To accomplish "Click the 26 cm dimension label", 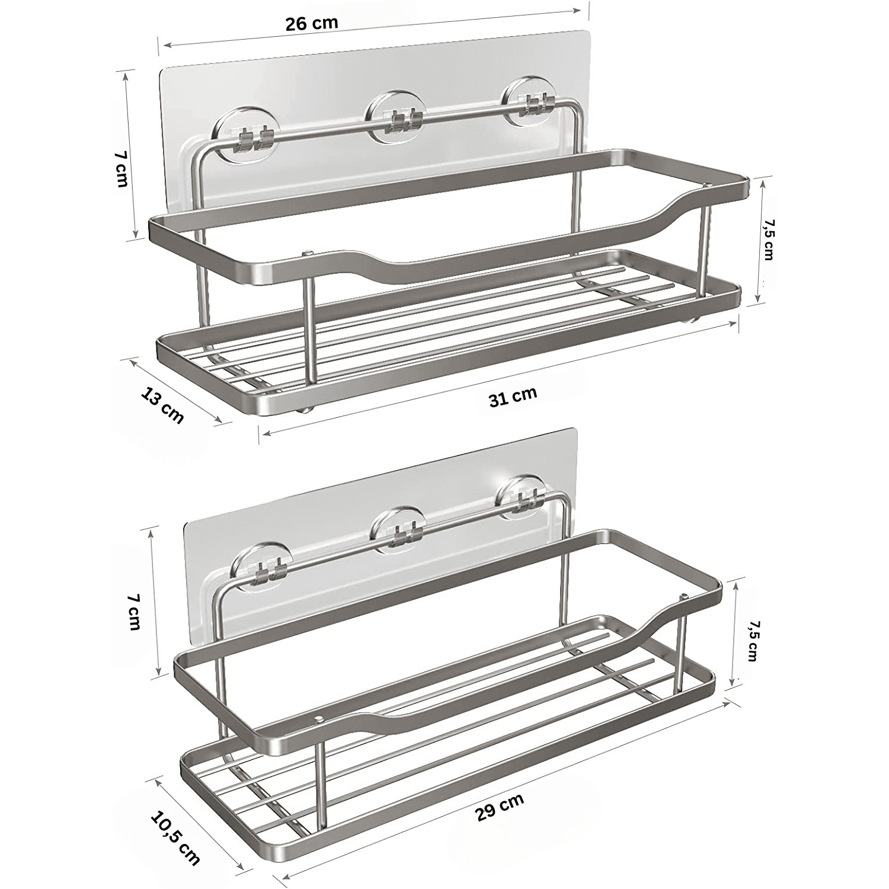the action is click(x=312, y=24).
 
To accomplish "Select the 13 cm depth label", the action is click(x=162, y=404).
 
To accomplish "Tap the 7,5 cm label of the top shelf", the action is click(x=768, y=239).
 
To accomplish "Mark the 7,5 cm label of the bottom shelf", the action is click(x=752, y=641).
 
